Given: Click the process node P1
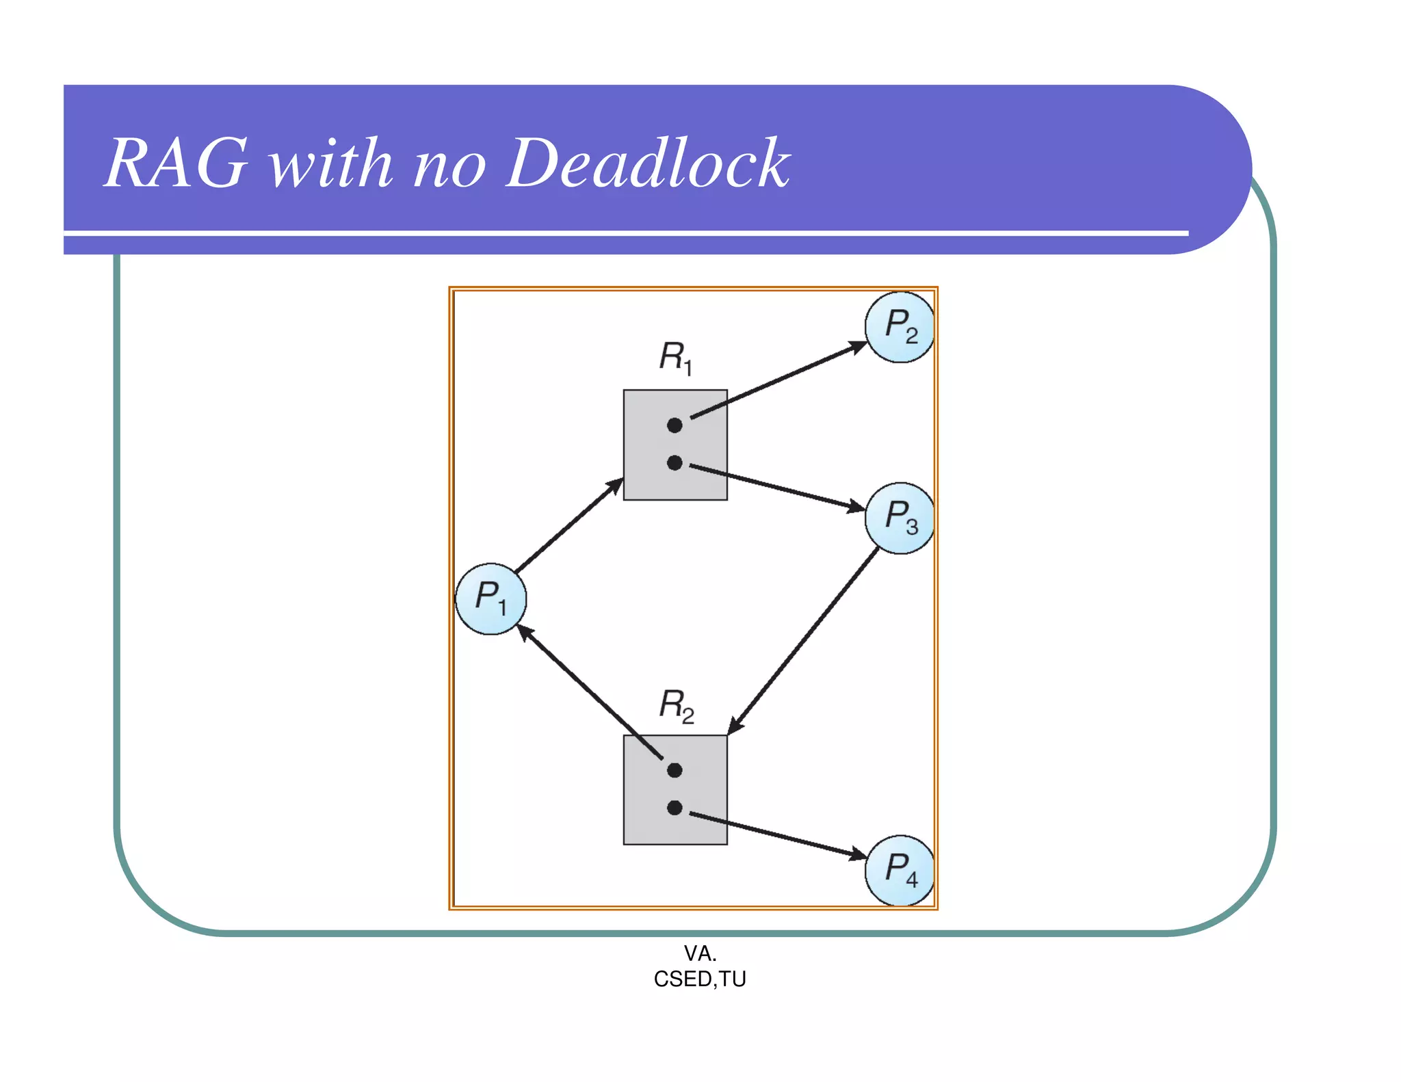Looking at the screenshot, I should point(490,599).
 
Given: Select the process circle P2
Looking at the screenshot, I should point(899,327).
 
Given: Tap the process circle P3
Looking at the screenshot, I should point(899,518).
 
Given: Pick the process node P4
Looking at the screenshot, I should point(899,870).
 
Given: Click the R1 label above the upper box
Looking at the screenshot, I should point(675,358).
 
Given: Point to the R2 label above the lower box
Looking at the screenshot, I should point(676,705).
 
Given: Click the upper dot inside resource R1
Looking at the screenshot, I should point(675,425).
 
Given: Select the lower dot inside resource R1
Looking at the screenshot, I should point(675,463).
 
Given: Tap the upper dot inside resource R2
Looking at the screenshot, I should point(675,771).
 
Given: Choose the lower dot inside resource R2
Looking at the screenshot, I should point(675,808).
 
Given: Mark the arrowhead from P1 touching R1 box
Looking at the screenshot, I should point(615,486).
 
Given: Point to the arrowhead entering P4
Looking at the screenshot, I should point(858,854).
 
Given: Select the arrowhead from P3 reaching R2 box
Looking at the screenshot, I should point(735,726).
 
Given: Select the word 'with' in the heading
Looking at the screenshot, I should point(331,164).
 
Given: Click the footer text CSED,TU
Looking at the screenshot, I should point(700,979).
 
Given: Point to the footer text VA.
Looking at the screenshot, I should point(700,953).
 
